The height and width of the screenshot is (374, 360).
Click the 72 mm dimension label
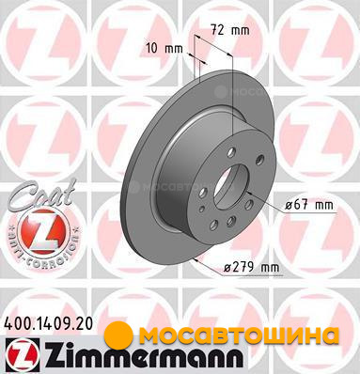coord(229,30)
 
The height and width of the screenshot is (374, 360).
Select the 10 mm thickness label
coord(164,49)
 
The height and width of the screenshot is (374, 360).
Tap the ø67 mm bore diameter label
coord(308,206)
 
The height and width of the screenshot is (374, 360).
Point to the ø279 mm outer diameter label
coord(251,268)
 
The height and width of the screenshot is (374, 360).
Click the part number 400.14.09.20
coord(49,323)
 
